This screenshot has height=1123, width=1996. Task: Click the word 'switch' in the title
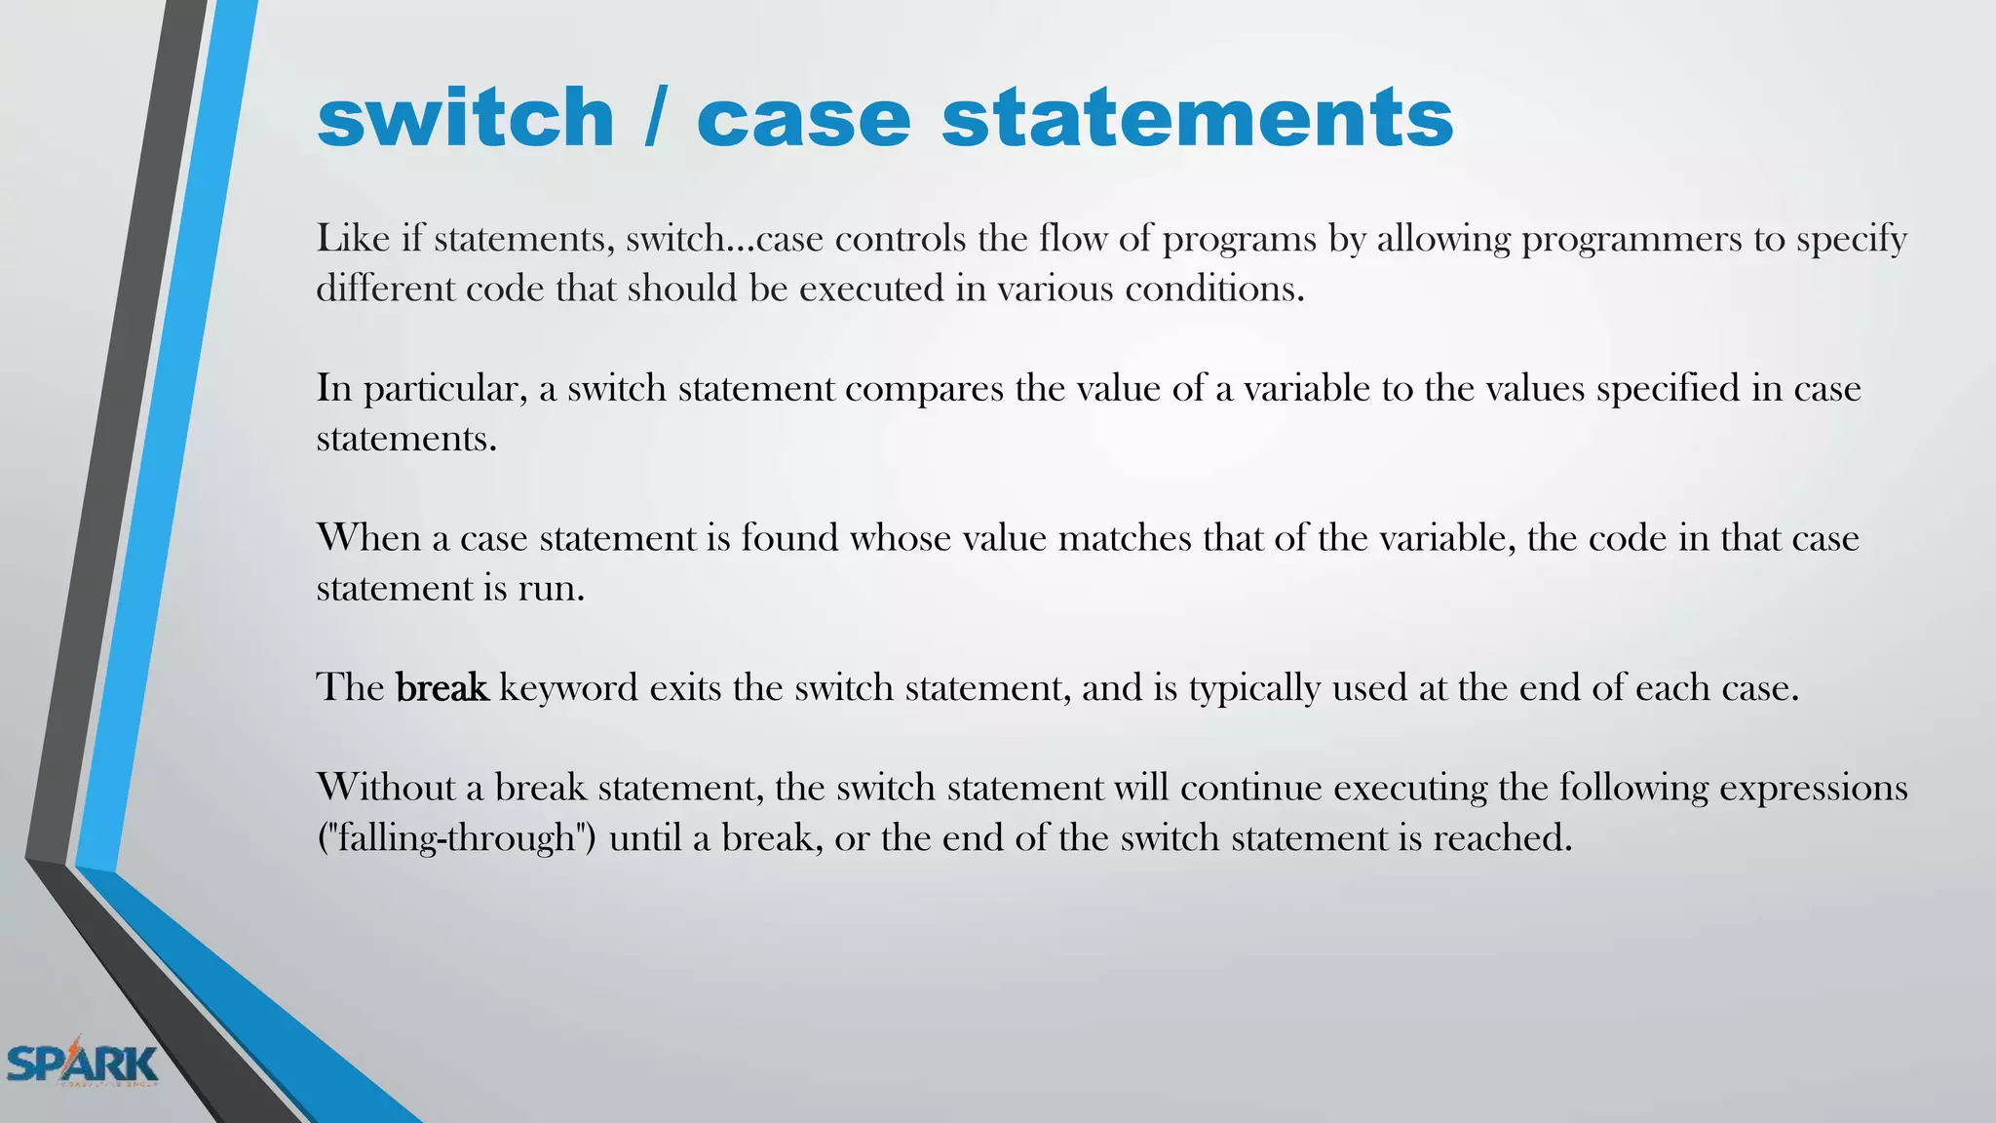tap(465, 118)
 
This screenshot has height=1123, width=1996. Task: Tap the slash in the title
tap(655, 118)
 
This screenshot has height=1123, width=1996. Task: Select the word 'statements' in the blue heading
tap(1197, 118)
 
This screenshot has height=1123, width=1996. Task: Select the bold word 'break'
tap(441, 687)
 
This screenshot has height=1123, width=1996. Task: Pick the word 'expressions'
tap(1813, 789)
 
